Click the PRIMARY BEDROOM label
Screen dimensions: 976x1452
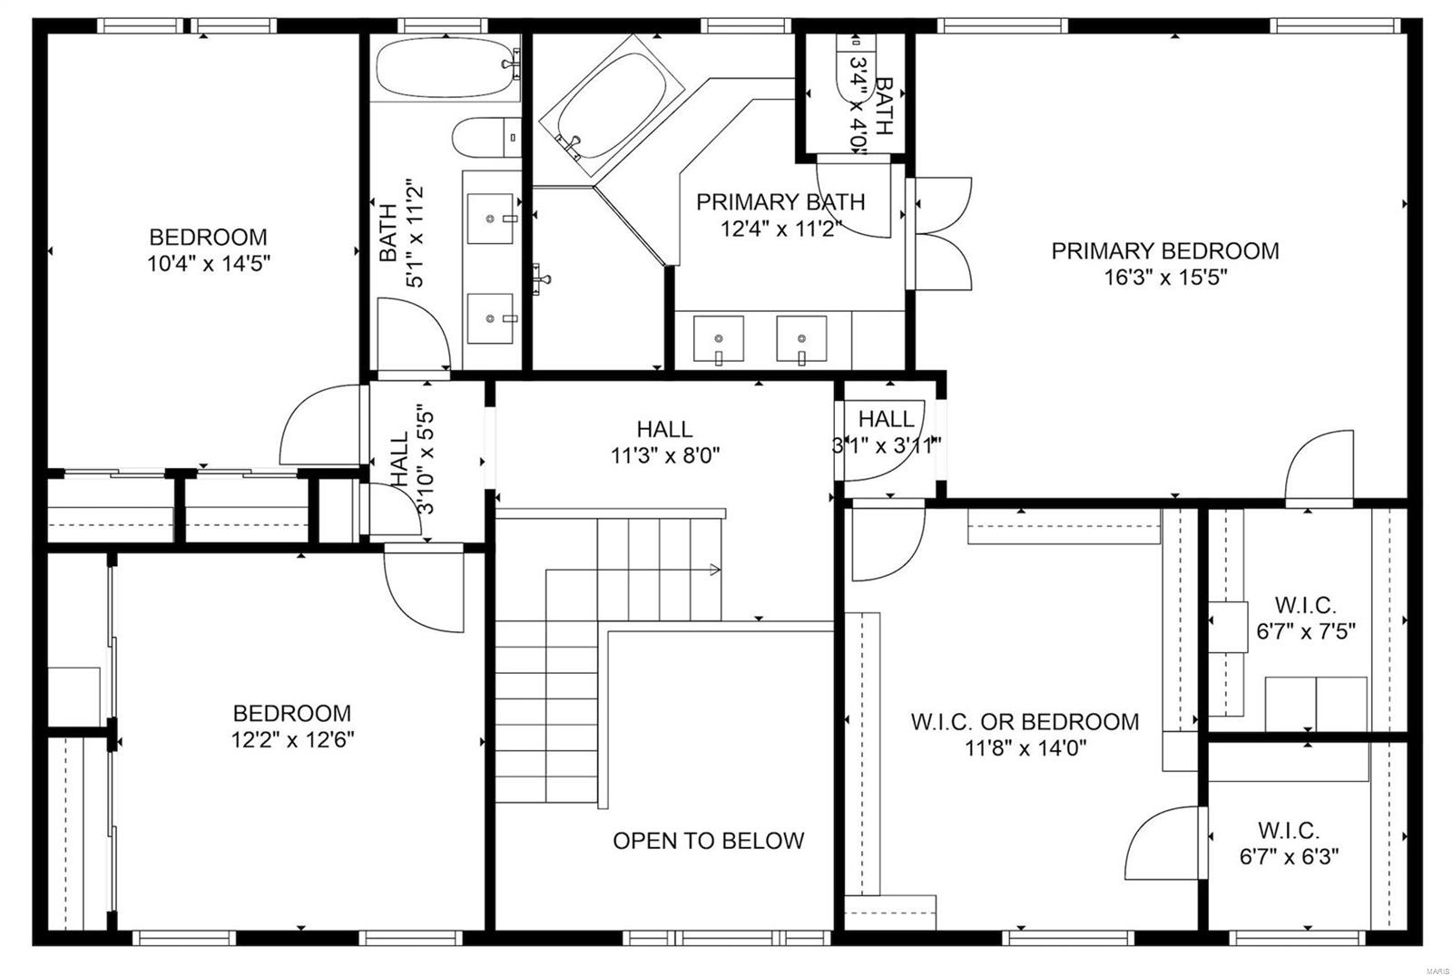tap(1164, 251)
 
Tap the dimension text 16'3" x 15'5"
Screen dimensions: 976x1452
tap(1164, 278)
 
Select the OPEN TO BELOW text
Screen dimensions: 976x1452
tap(708, 841)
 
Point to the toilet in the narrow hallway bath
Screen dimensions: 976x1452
tap(486, 137)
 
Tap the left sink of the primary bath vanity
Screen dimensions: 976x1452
tap(718, 338)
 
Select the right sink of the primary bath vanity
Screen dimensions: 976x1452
tap(801, 338)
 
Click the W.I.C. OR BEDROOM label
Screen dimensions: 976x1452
tap(1025, 722)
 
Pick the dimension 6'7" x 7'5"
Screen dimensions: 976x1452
tap(1306, 631)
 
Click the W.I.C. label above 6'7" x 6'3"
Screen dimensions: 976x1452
tap(1289, 830)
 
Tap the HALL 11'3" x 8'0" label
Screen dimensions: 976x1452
tap(665, 429)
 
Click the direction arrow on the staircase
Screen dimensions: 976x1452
tap(714, 570)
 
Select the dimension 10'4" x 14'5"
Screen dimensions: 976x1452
tap(209, 264)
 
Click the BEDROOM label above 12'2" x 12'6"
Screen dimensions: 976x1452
tap(291, 714)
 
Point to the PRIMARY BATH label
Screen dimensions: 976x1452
tap(780, 202)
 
